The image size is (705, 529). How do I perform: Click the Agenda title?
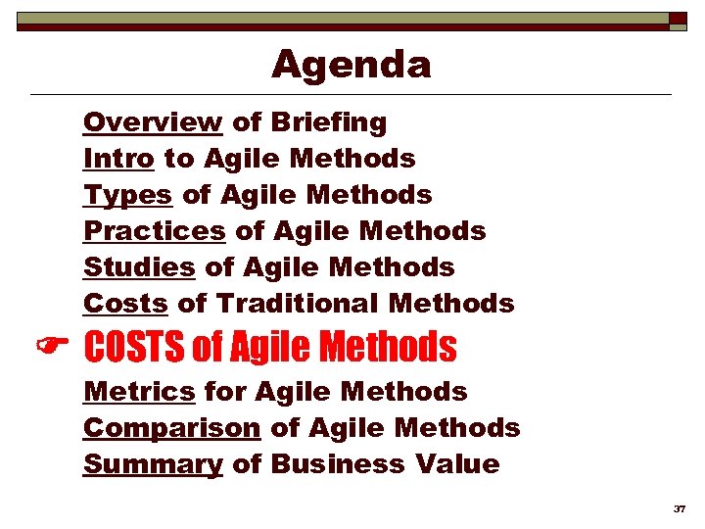352,65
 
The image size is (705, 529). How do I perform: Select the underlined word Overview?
153,122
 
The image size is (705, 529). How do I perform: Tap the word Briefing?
329,122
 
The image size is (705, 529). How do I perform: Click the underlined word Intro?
118,159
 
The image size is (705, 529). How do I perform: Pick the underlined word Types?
128,195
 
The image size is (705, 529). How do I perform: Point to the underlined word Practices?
155,231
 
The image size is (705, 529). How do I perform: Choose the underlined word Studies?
139,267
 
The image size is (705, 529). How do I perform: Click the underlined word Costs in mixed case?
125,304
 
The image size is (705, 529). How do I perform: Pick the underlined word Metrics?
139,392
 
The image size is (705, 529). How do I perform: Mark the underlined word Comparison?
171,428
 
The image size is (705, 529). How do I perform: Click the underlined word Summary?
153,464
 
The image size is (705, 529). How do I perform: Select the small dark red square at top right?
678,18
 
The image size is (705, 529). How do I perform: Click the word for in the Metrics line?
224,392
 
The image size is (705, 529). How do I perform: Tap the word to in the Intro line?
177,159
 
